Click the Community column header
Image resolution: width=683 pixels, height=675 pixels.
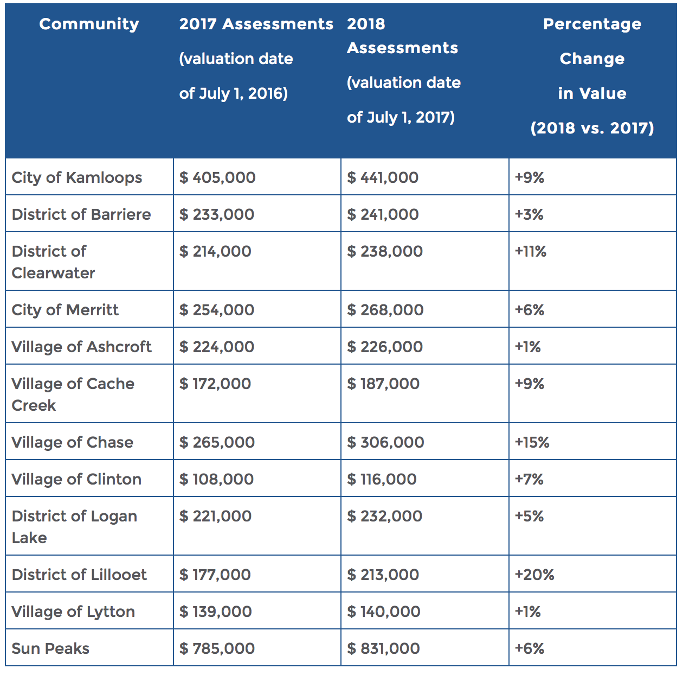[x=89, y=24]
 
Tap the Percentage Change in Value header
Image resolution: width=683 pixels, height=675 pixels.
[x=592, y=76]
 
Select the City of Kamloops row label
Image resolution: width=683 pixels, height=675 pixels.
[x=77, y=177]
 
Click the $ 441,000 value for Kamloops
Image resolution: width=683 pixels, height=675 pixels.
[x=383, y=177]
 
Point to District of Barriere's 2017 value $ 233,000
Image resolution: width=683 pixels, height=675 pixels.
[x=217, y=214]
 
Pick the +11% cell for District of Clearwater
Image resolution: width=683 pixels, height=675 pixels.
[x=531, y=251]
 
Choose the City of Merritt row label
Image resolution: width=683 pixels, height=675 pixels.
[x=65, y=310]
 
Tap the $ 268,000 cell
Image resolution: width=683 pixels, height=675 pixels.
[x=385, y=310]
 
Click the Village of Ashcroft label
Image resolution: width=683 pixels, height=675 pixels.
[x=81, y=347]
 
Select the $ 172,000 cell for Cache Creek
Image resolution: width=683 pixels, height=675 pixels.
[x=215, y=384]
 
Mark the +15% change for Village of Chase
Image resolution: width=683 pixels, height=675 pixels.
[x=532, y=442]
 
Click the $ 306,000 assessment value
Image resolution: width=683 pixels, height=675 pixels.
[x=385, y=442]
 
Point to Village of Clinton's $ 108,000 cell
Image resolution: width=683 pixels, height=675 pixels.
[x=217, y=479]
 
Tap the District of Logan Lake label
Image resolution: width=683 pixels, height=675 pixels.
[x=74, y=526]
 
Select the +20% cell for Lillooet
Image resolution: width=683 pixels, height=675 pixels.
[x=534, y=575]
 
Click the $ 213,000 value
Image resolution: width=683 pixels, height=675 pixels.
[x=383, y=575]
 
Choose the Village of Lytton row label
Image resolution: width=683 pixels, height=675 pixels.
[x=73, y=612]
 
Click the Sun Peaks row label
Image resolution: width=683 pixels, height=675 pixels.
[x=50, y=648]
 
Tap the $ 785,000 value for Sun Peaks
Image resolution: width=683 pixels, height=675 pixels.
[x=217, y=648]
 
